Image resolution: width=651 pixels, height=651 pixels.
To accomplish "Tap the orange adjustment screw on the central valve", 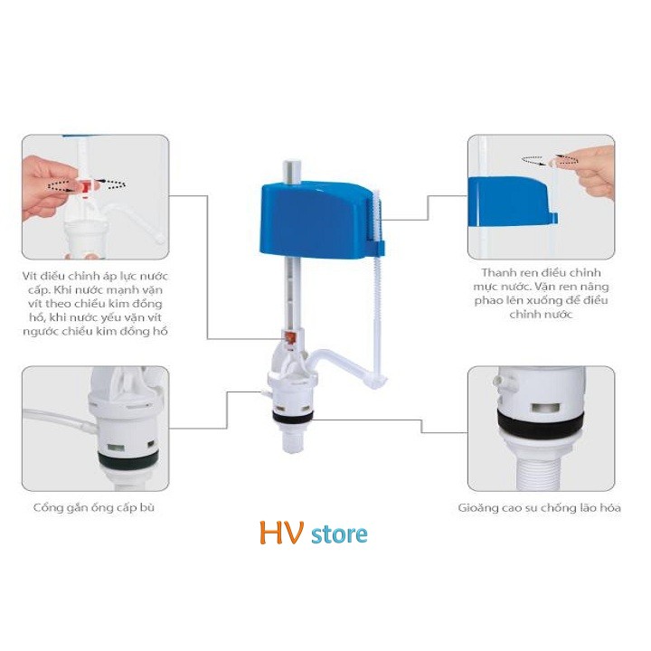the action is click(x=290, y=337).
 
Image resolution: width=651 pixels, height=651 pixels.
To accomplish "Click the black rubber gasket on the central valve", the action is click(x=293, y=416).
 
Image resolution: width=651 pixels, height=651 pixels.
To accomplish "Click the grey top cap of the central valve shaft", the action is click(x=290, y=171).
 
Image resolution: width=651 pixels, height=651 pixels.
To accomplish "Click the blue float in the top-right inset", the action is click(x=512, y=202).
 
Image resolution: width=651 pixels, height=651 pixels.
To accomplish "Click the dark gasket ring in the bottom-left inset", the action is click(x=127, y=459).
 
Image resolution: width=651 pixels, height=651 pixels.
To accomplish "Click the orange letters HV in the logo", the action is click(x=281, y=533).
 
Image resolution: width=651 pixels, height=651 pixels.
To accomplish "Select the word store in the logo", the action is click(x=339, y=534).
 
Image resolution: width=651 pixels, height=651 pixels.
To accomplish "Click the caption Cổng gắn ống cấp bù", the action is click(x=94, y=507).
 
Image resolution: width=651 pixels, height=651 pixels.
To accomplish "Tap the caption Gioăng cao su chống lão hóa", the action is click(x=539, y=508).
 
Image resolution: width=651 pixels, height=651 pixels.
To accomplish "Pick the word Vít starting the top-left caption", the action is click(x=30, y=276).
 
